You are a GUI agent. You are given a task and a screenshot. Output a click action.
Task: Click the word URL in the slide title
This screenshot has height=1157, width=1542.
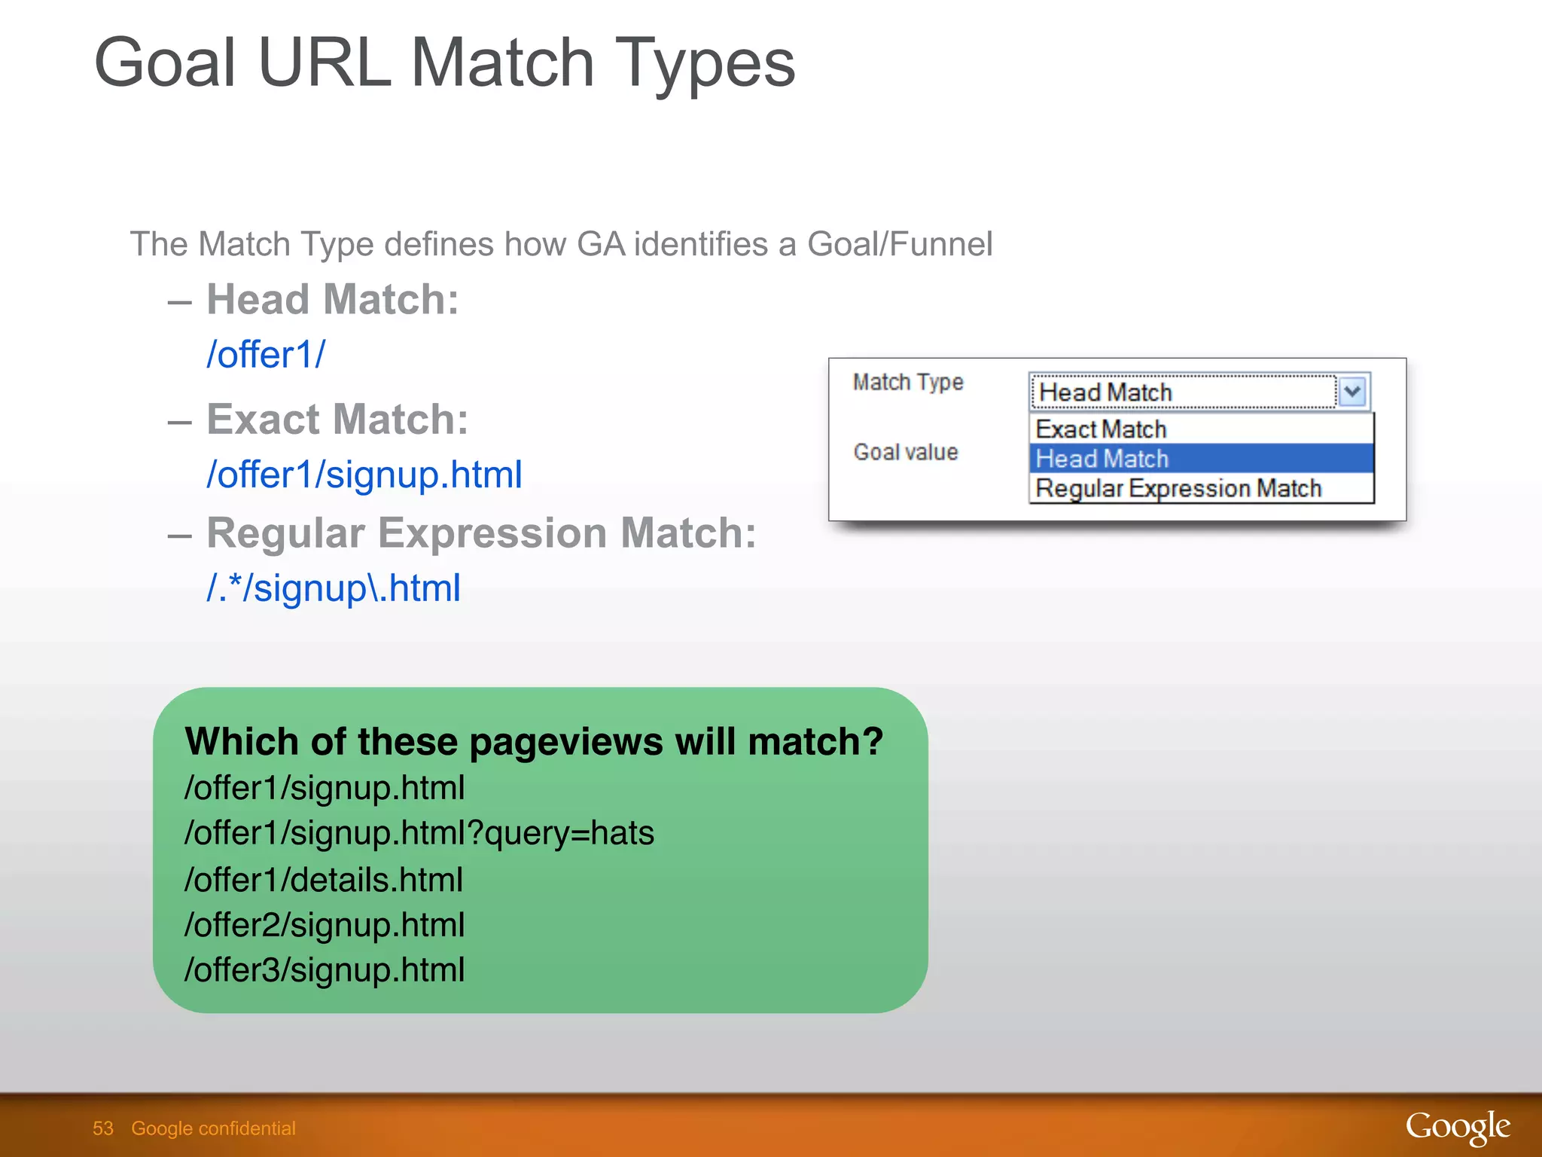click(x=324, y=63)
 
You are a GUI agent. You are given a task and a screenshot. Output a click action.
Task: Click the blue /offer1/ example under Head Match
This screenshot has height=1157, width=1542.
click(x=266, y=354)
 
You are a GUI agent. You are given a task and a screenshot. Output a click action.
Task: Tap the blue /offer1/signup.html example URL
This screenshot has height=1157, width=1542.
click(x=364, y=475)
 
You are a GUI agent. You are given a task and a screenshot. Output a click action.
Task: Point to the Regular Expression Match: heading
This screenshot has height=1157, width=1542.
click(x=481, y=533)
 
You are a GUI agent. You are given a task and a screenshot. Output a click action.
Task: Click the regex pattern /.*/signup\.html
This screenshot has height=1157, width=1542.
click(x=334, y=588)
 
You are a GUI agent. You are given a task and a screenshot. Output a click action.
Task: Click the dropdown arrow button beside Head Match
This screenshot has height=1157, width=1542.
click(x=1352, y=392)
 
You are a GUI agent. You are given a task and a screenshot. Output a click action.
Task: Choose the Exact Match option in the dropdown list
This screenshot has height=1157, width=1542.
click(x=1101, y=429)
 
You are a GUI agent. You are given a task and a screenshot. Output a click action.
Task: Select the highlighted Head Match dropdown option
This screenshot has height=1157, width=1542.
click(x=1102, y=459)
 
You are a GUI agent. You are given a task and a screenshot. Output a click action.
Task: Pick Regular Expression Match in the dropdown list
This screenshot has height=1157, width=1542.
click(x=1178, y=488)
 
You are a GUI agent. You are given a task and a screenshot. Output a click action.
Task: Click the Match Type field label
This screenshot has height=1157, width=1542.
click(x=908, y=383)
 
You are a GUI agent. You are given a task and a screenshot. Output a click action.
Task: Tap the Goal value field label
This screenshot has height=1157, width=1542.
click(x=906, y=452)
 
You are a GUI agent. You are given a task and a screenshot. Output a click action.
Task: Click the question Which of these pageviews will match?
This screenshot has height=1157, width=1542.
click(x=534, y=741)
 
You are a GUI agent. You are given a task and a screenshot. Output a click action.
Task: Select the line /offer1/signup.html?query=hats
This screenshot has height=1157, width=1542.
click(x=419, y=833)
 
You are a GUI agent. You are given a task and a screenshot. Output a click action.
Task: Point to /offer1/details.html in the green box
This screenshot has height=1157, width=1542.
click(x=324, y=880)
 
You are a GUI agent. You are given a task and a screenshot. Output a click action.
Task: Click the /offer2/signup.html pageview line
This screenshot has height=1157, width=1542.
click(x=325, y=925)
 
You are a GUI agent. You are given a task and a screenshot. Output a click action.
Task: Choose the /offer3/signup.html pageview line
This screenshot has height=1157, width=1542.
click(x=325, y=970)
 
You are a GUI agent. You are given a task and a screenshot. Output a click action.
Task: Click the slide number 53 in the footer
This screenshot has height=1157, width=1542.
click(x=103, y=1128)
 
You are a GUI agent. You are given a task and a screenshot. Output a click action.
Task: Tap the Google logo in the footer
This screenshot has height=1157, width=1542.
click(x=1457, y=1127)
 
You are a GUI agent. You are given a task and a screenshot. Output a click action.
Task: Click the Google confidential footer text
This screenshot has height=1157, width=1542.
click(x=213, y=1128)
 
